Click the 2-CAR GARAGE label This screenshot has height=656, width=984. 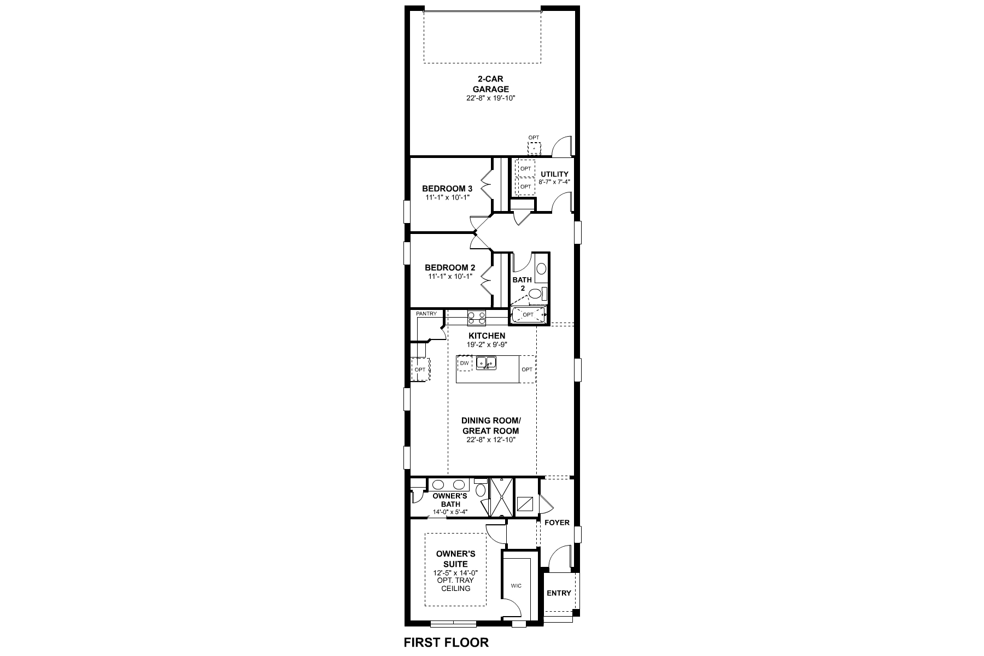tap(490, 84)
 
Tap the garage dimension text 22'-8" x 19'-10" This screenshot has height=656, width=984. tap(490, 98)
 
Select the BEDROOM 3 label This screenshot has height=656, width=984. tap(447, 189)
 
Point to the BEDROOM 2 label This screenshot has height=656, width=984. tap(449, 268)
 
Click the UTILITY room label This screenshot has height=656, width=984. tap(554, 174)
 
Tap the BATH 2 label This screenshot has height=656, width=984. tap(522, 284)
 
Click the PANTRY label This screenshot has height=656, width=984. tap(426, 314)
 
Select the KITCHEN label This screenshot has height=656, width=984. tap(487, 336)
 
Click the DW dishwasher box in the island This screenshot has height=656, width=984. tap(464, 363)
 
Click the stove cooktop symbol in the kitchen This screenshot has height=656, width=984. tap(476, 317)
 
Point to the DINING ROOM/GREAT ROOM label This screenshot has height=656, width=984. tap(490, 425)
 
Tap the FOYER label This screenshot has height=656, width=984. tap(557, 523)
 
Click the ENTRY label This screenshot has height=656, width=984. tap(559, 593)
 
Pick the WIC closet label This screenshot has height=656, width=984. tap(516, 585)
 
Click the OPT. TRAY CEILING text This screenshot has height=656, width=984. tap(455, 584)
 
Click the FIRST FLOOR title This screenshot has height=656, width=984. tap(446, 642)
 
